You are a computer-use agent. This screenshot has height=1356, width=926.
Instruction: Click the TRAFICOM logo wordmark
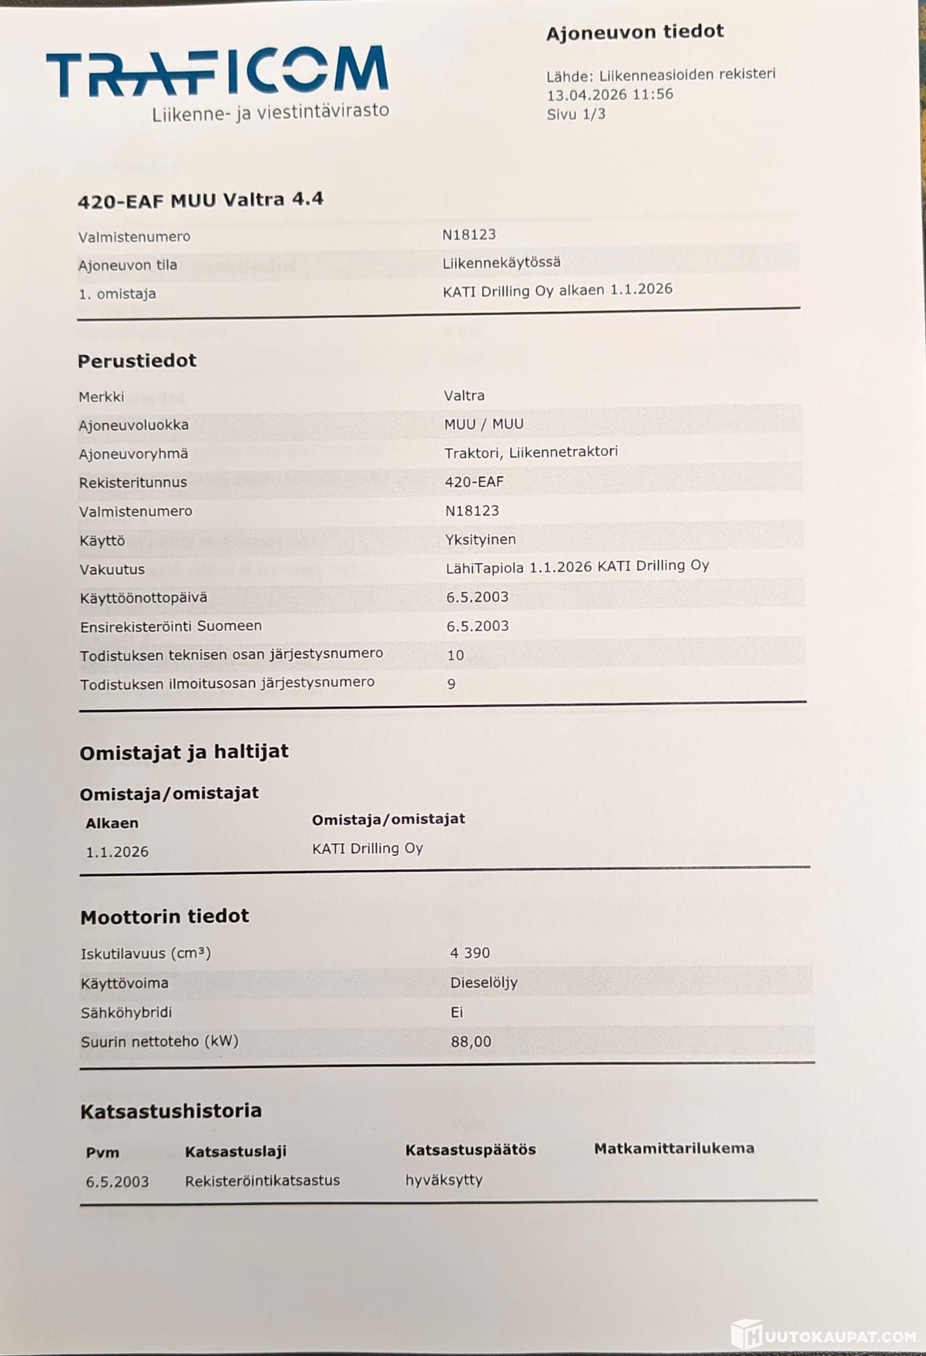click(x=217, y=72)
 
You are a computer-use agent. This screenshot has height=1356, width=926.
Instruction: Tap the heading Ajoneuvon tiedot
click(x=634, y=32)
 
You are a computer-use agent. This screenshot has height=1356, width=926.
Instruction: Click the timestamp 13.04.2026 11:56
click(x=609, y=94)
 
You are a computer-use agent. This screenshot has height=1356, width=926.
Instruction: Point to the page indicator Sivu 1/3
click(x=576, y=114)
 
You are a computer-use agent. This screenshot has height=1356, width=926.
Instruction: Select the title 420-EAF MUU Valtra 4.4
click(x=200, y=200)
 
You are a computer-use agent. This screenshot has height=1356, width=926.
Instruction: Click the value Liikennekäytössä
click(x=501, y=262)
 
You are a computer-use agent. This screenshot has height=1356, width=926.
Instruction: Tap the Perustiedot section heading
click(x=137, y=361)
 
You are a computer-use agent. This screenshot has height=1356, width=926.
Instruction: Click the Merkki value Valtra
click(x=464, y=395)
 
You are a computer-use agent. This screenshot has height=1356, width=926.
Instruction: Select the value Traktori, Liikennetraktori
click(x=531, y=452)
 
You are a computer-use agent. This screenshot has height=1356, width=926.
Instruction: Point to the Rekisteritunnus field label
click(x=132, y=483)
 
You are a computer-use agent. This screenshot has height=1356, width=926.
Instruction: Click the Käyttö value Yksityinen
click(x=480, y=540)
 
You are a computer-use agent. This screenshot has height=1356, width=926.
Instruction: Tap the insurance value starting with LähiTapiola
click(x=578, y=567)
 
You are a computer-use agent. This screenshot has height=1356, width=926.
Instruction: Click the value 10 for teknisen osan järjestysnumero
click(x=456, y=655)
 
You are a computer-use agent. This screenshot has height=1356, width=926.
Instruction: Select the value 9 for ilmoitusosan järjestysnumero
click(x=452, y=684)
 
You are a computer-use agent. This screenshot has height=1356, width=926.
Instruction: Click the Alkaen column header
click(x=112, y=823)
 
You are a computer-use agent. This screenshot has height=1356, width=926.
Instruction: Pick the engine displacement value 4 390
click(x=470, y=953)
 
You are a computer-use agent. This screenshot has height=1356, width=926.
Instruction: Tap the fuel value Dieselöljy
click(x=484, y=983)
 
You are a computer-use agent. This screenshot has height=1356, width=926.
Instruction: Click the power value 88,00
click(x=471, y=1041)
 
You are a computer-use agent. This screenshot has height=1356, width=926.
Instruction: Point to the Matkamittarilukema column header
click(x=674, y=1149)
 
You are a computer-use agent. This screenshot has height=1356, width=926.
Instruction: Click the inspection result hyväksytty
click(x=444, y=1180)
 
